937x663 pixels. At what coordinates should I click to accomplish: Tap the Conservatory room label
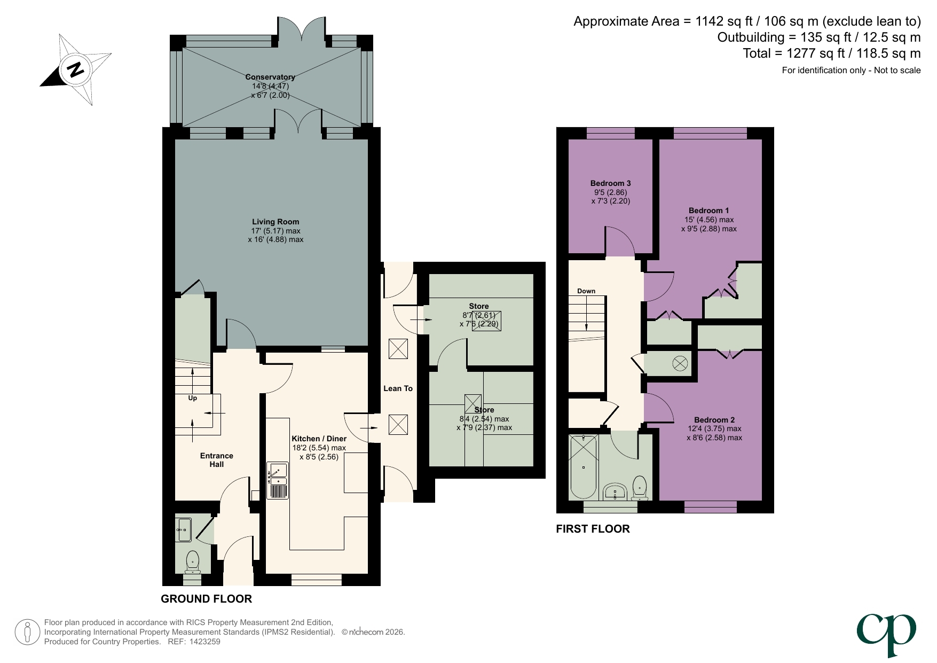(x=270, y=77)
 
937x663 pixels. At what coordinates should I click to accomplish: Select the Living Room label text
(x=275, y=222)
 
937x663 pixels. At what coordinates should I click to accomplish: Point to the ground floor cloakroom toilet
(x=193, y=561)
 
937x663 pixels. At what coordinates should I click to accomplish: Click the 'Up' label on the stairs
(x=193, y=398)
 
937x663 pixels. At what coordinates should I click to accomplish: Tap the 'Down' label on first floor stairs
(x=586, y=291)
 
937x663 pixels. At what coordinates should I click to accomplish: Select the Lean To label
(x=398, y=388)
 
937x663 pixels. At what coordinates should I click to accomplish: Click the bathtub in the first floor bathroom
(x=583, y=466)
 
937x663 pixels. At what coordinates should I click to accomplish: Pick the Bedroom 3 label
(x=611, y=183)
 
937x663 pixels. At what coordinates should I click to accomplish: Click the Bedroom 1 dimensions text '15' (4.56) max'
(x=709, y=220)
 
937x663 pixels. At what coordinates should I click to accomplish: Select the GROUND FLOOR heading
(x=206, y=599)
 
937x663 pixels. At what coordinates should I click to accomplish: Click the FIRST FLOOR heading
(x=593, y=529)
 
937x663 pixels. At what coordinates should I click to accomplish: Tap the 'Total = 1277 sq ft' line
(x=831, y=53)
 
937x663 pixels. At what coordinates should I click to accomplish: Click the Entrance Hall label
(x=216, y=460)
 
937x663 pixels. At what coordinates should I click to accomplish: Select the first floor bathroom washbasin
(x=616, y=492)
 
